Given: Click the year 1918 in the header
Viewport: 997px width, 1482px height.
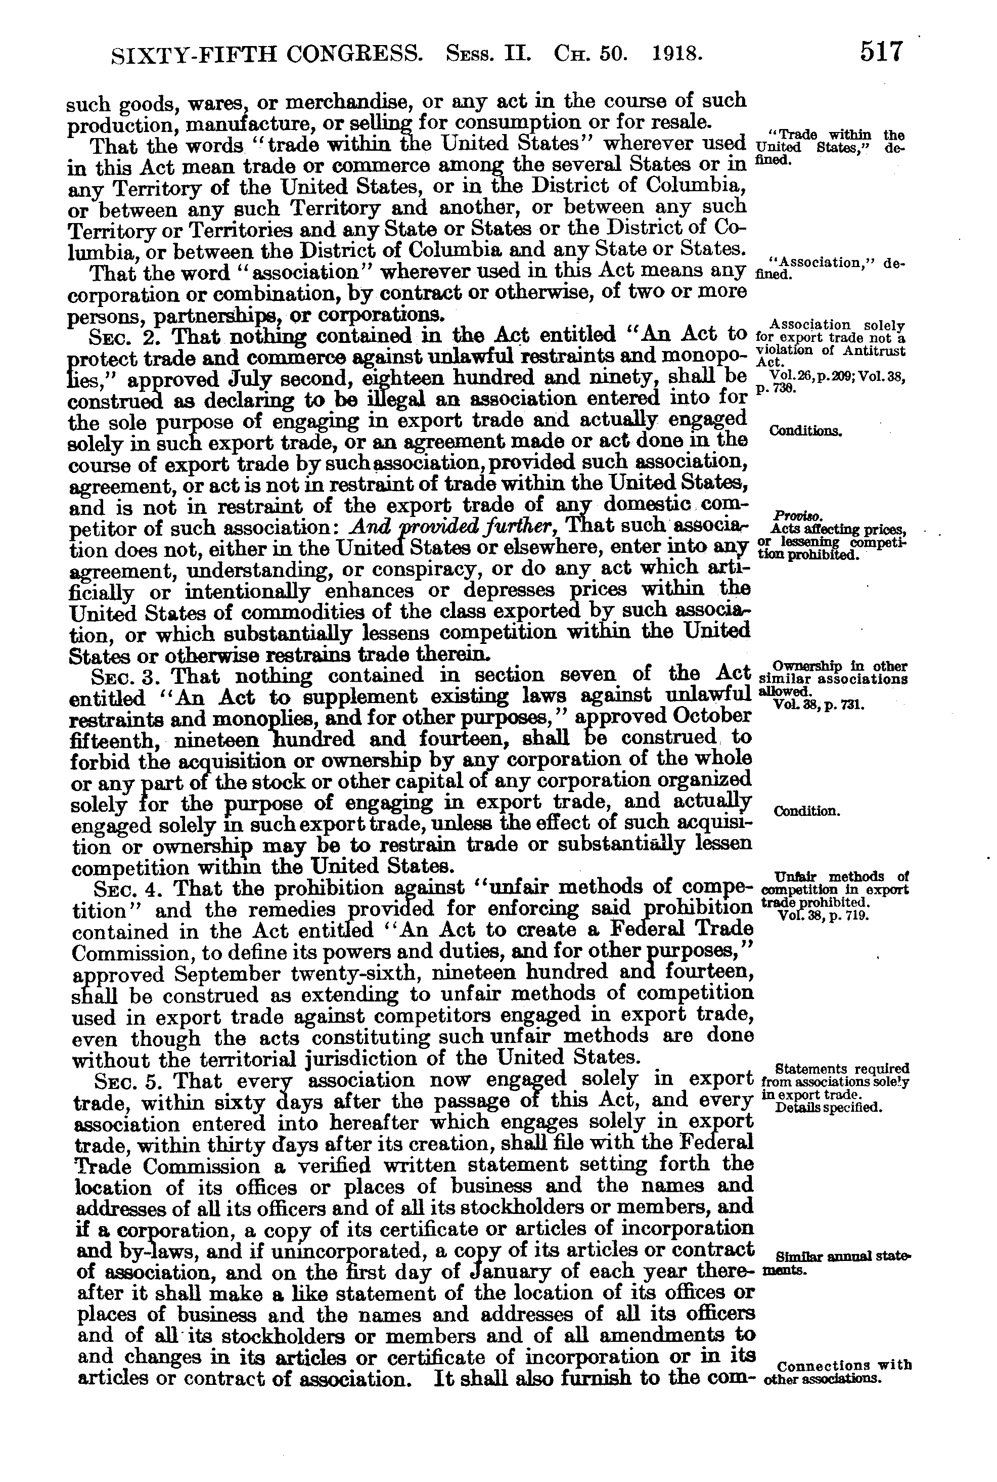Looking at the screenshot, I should point(676,54).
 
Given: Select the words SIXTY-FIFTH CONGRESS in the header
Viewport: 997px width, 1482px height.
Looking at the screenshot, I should point(266,55).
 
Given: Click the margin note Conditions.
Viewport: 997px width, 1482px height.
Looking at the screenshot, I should point(805,430).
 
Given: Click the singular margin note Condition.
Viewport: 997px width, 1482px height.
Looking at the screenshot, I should point(807,812).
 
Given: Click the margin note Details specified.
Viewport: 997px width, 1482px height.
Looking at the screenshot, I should point(830,1107).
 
